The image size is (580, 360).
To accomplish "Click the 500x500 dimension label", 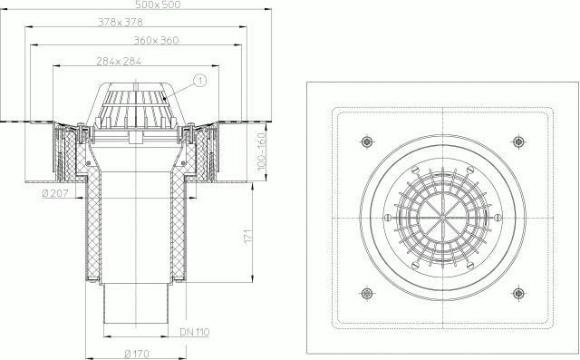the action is (157, 5).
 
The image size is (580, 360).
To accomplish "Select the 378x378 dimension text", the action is (121, 22).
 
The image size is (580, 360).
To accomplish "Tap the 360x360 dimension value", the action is (156, 40).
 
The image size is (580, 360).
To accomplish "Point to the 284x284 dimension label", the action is (119, 61).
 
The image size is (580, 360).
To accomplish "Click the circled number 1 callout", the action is (200, 81).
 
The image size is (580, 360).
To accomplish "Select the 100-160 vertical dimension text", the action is (261, 151).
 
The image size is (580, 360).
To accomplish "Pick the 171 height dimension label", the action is (247, 236).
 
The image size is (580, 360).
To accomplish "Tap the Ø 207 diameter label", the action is (55, 193).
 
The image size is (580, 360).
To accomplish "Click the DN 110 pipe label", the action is (195, 332).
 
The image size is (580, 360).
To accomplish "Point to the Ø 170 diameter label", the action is (137, 354).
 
